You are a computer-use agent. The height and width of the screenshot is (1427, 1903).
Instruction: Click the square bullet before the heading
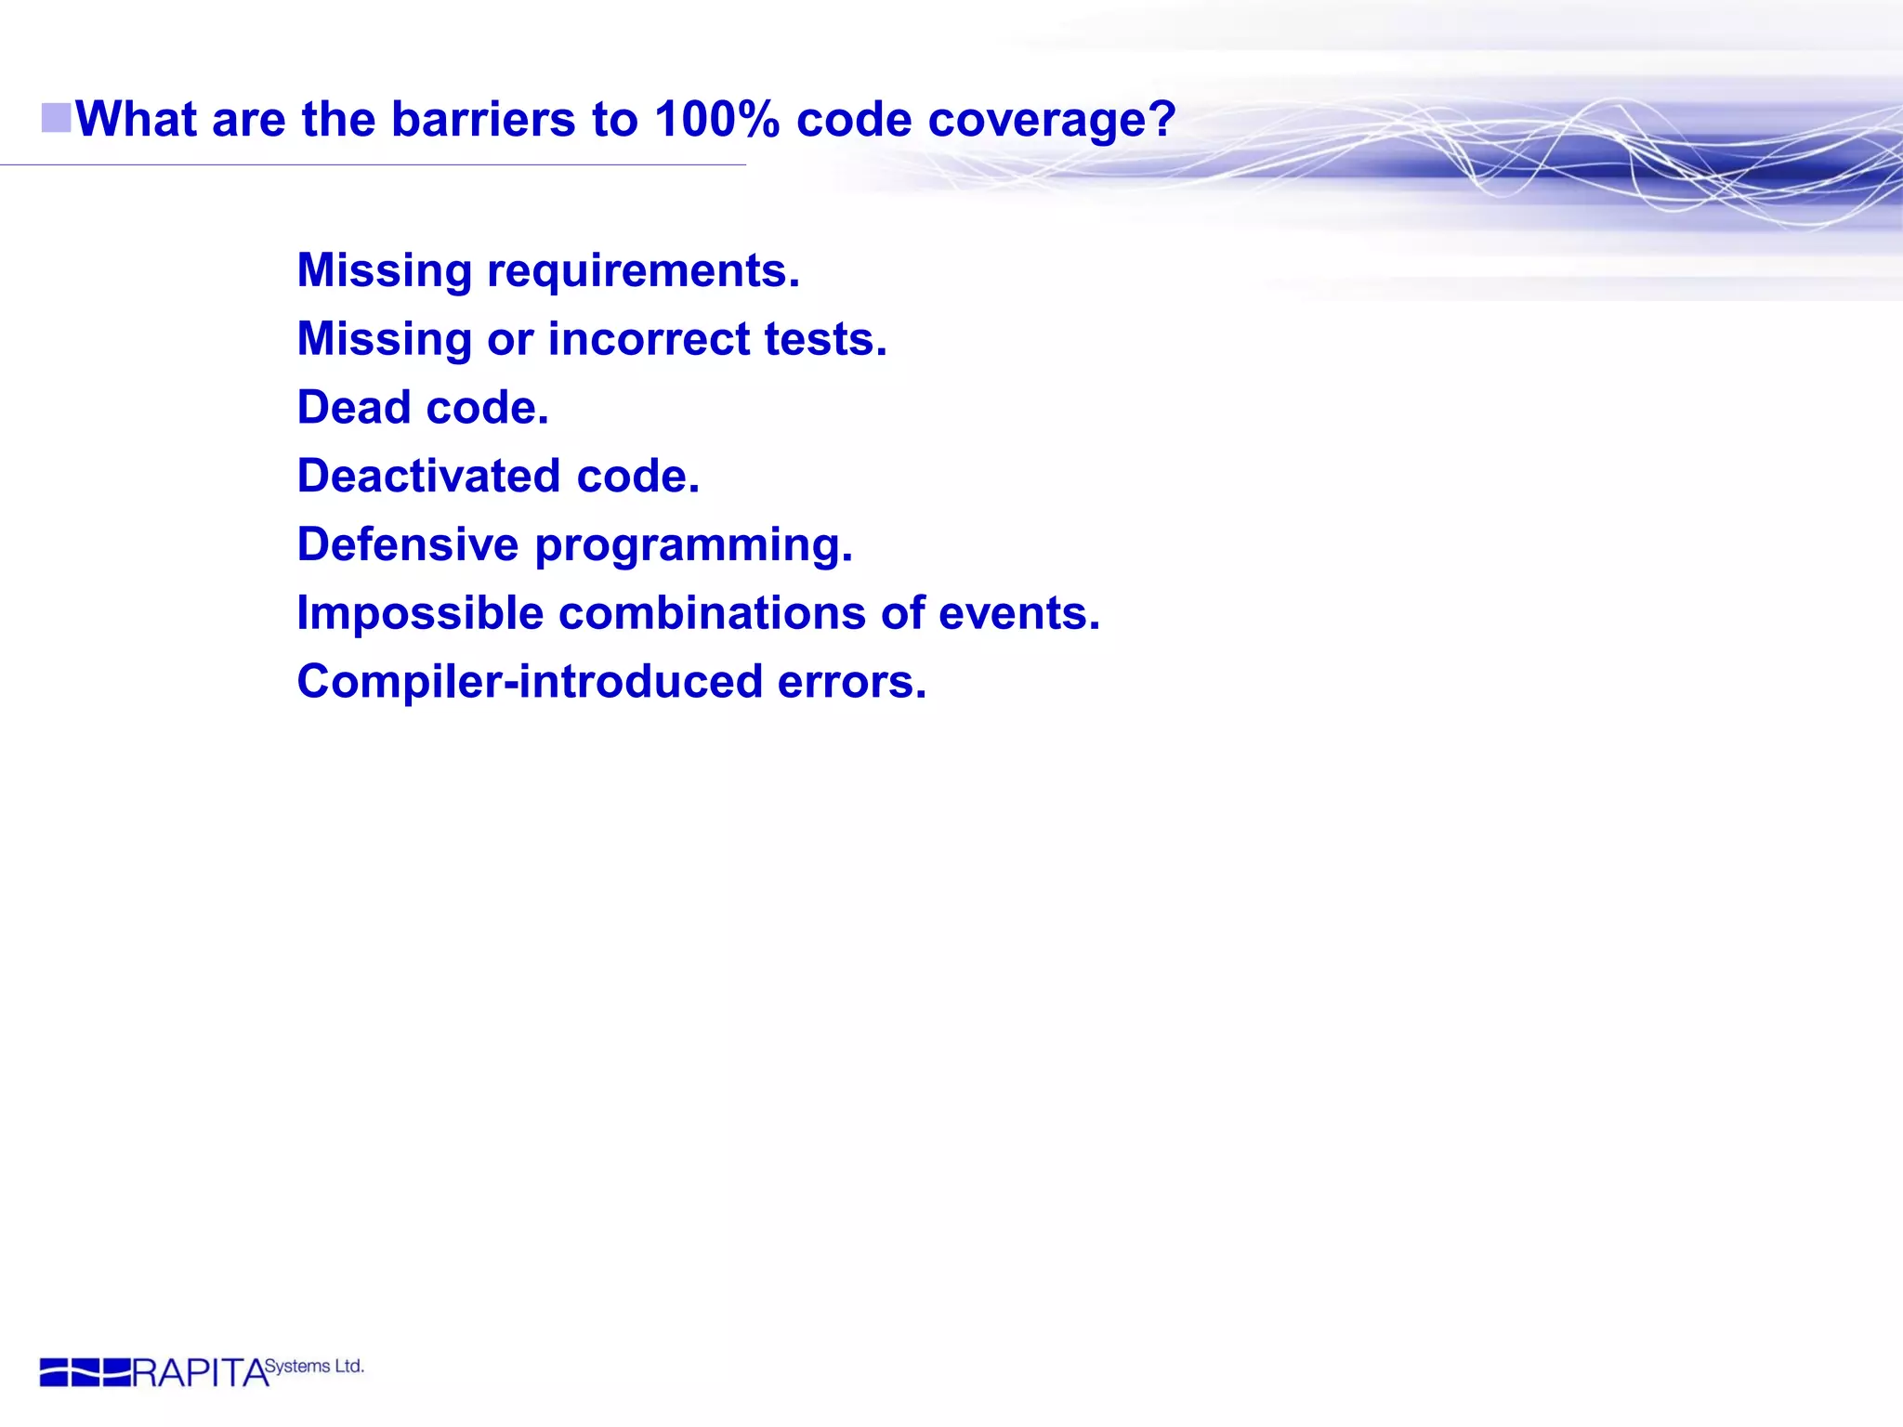point(57,119)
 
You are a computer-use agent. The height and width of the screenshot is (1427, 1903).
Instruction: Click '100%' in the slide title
point(716,120)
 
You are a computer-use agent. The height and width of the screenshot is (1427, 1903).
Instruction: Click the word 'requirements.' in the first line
point(643,271)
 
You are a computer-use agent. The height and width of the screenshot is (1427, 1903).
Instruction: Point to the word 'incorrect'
point(649,339)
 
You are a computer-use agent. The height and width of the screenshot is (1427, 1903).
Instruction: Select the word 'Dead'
point(353,408)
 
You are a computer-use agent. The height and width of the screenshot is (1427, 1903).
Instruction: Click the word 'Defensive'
point(407,544)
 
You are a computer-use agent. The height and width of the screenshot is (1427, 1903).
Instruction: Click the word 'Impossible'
point(420,613)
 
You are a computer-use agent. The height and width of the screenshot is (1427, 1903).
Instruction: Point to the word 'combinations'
point(712,613)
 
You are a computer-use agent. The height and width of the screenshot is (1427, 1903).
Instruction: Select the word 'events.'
point(1018,613)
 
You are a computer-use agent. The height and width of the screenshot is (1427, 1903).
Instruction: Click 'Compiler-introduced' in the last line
point(530,682)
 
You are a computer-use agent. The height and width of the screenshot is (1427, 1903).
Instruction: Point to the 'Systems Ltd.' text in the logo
point(314,1367)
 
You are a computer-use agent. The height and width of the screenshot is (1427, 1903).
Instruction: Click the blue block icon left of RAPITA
point(85,1372)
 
